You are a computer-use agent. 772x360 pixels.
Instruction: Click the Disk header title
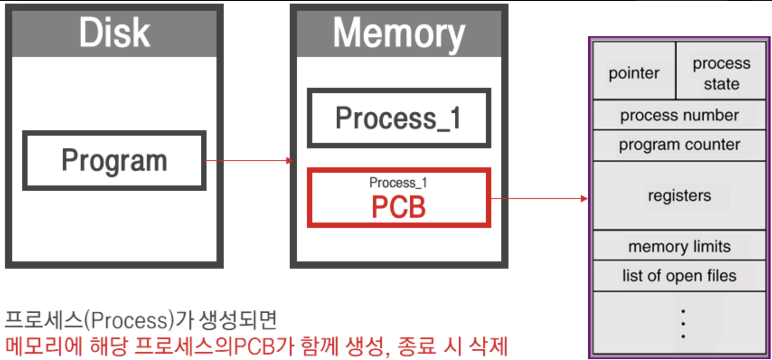click(114, 33)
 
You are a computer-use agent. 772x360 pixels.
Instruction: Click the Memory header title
click(399, 33)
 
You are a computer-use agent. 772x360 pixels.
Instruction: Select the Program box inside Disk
click(114, 161)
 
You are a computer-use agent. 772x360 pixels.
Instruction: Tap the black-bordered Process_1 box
click(399, 118)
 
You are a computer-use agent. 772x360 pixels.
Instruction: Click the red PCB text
click(399, 207)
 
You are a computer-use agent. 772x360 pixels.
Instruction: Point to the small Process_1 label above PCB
click(398, 183)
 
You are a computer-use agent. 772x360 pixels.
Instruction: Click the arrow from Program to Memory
click(249, 161)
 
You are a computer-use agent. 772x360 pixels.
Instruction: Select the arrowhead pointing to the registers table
click(584, 198)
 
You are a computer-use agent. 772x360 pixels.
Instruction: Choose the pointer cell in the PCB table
click(634, 73)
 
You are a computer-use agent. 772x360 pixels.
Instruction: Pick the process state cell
click(721, 73)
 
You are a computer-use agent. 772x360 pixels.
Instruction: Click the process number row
click(679, 115)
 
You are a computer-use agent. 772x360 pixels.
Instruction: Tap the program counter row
click(679, 145)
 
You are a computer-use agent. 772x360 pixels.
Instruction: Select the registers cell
click(679, 195)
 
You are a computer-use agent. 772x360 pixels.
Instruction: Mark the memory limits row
click(679, 246)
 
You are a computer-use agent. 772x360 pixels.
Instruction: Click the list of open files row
click(679, 276)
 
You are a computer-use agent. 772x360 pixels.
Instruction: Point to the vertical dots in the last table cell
click(683, 324)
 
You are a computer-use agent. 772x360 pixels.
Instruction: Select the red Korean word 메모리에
click(44, 347)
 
